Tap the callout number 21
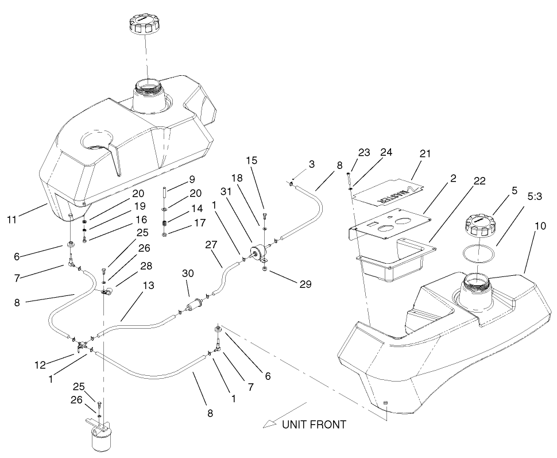click(x=424, y=153)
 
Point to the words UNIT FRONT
click(x=314, y=425)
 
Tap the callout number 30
click(x=188, y=274)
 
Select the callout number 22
click(x=479, y=180)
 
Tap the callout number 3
click(x=311, y=164)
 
